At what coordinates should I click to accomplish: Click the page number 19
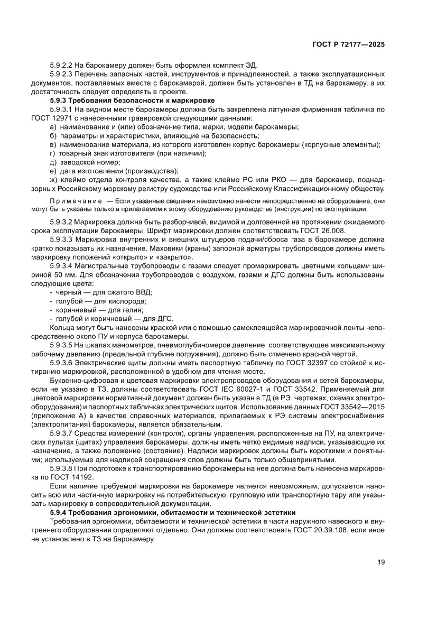pos(381,562)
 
